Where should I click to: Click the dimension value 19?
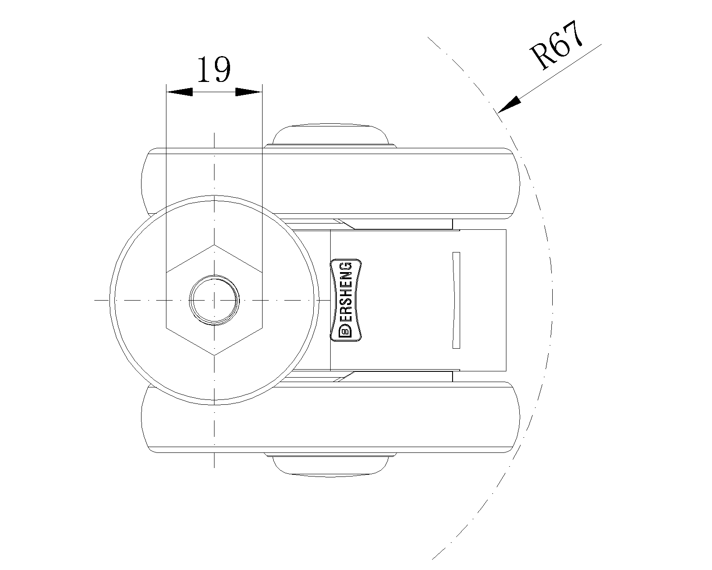point(214,69)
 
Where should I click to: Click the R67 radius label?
point(557,45)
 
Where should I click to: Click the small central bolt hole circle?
point(214,300)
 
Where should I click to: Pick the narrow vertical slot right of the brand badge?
point(456,300)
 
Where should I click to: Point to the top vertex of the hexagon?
point(214,244)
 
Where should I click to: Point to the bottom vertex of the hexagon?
point(214,355)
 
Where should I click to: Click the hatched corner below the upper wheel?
point(343,224)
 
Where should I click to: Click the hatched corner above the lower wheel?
point(343,376)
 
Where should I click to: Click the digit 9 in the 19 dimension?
point(222,69)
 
